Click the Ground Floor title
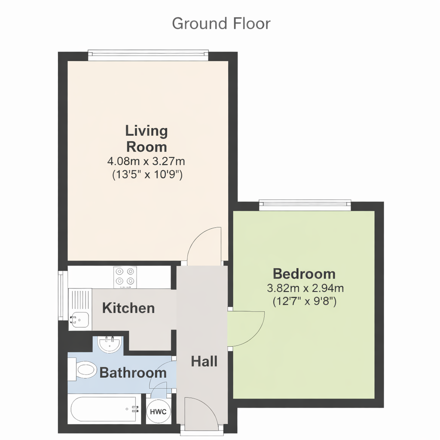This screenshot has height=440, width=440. click(221, 23)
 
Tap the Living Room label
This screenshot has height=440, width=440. click(147, 139)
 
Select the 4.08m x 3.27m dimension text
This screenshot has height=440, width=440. click(146, 162)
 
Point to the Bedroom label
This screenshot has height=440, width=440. click(304, 274)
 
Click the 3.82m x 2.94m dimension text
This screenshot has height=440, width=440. click(306, 288)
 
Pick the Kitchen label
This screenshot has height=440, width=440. click(128, 308)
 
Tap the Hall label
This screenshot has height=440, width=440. click(204, 361)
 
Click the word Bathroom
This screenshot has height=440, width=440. click(133, 373)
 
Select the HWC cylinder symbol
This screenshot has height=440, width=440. click(158, 412)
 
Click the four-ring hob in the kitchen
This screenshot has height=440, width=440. click(125, 277)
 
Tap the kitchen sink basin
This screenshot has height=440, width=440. click(80, 319)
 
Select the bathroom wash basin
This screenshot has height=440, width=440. click(110, 344)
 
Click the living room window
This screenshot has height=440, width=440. click(148, 55)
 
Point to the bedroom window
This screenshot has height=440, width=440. click(305, 205)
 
